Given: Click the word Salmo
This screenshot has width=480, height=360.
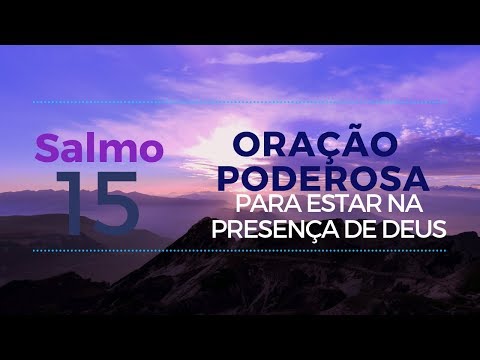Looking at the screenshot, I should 99,148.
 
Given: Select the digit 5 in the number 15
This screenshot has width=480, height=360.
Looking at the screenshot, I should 115,202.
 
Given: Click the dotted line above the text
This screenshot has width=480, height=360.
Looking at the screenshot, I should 240,101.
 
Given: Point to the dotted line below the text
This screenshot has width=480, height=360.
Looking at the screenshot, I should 240,251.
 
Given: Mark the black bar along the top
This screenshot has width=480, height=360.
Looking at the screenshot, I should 240,20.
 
